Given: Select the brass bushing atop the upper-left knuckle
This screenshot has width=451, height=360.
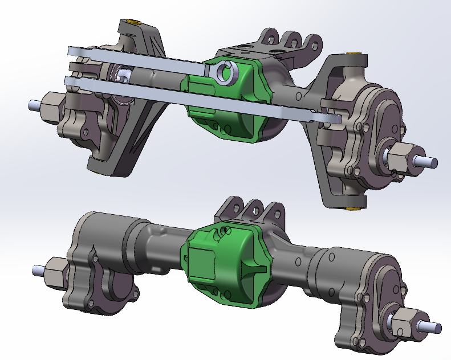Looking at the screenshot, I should [135, 22].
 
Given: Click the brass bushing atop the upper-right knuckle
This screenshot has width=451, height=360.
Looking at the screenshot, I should [355, 55].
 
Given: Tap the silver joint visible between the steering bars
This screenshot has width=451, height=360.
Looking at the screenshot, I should [122, 75].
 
